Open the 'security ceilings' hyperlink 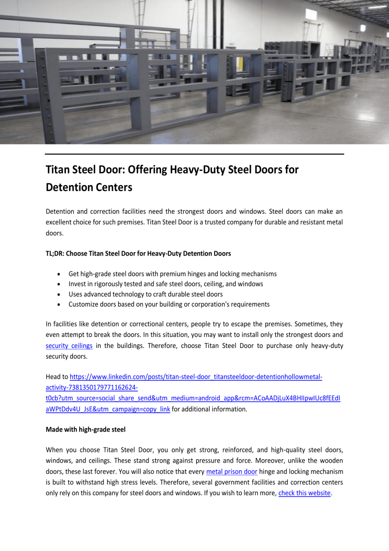pyautogui.click(x=69, y=346)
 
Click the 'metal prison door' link pyautogui.click(x=231, y=471)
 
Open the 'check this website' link pyautogui.click(x=304, y=493)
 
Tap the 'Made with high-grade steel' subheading pyautogui.click(x=85, y=429)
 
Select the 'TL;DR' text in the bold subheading pyautogui.click(x=55, y=253)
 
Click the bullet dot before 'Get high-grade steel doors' pyautogui.click(x=59, y=274)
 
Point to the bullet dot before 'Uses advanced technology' pyautogui.click(x=59, y=295)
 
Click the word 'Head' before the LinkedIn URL pyautogui.click(x=53, y=377)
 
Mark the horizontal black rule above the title pyautogui.click(x=194, y=154)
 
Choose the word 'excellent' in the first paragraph pyautogui.click(x=59, y=222)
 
